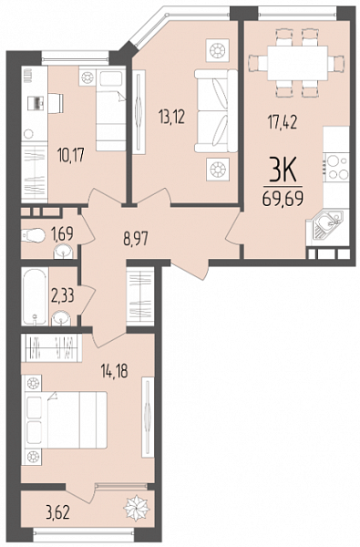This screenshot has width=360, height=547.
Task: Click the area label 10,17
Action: [71, 155]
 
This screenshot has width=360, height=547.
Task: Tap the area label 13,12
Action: [171, 117]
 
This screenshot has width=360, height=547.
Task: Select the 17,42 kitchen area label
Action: [283, 122]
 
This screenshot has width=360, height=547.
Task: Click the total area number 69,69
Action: [283, 199]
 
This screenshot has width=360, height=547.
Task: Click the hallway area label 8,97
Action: [136, 239]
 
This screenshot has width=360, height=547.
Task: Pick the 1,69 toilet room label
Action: [62, 233]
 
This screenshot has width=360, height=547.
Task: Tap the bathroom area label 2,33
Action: [63, 296]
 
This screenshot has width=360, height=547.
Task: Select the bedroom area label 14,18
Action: [115, 371]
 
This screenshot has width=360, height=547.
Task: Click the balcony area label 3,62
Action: [58, 513]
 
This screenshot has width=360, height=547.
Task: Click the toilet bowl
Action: [33, 235]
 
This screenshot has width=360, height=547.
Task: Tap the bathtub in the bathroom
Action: [35, 296]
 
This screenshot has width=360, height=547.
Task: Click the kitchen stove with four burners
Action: [336, 167]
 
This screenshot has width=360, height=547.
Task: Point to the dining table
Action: [297, 63]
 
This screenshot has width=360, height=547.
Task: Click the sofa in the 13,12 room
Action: [216, 111]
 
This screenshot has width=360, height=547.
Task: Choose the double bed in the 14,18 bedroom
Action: [64, 419]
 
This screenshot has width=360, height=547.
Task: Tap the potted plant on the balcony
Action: [137, 509]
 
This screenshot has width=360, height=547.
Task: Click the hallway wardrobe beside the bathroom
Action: [140, 296]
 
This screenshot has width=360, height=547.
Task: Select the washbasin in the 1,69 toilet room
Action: [64, 251]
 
